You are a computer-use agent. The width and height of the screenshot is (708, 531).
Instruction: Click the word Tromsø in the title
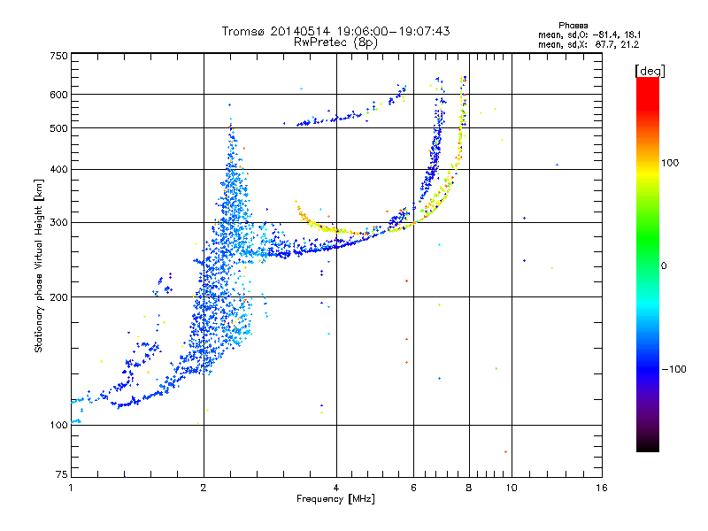(244, 31)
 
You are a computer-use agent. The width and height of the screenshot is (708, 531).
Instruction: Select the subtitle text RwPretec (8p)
(335, 42)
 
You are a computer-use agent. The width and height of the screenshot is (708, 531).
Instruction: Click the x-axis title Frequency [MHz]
(335, 499)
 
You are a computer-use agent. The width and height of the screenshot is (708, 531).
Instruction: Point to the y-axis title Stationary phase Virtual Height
(38, 265)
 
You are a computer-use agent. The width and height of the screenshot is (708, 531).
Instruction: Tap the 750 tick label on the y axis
(59, 56)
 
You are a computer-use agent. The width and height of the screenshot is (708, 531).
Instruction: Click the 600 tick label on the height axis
(59, 95)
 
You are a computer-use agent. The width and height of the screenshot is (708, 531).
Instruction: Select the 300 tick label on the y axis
(59, 222)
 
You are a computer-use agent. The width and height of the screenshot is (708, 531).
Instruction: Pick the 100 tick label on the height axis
(59, 425)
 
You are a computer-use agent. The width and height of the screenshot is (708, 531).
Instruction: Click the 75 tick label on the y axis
(62, 474)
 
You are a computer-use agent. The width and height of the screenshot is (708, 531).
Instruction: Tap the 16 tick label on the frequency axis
(602, 488)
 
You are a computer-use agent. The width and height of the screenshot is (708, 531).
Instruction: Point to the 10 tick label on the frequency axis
(512, 488)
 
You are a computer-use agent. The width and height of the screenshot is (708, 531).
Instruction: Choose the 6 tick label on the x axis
(413, 488)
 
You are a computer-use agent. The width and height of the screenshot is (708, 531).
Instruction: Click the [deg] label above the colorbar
(650, 71)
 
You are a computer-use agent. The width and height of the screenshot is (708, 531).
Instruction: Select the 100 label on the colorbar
(670, 163)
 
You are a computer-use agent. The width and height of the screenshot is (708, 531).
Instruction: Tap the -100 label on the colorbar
(673, 369)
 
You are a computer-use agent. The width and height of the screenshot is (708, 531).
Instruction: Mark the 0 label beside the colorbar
(664, 266)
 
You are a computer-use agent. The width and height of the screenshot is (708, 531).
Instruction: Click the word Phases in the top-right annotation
(573, 26)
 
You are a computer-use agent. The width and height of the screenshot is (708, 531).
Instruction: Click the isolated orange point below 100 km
(505, 451)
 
